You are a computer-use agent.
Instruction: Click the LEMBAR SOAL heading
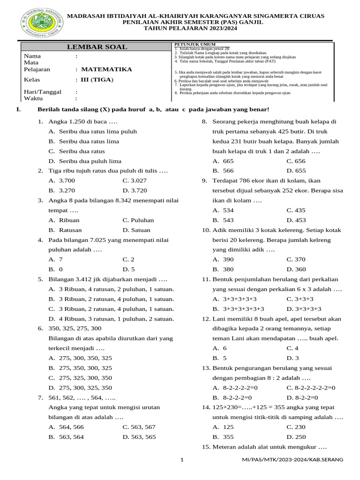pyautogui.click(x=97, y=47)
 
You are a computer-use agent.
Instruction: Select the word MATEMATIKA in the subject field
pyautogui.click(x=106, y=69)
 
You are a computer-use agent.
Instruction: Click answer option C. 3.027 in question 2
pyautogui.click(x=135, y=180)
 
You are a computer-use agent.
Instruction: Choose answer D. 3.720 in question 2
pyautogui.click(x=135, y=190)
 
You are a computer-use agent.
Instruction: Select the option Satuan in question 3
pyautogui.click(x=136, y=230)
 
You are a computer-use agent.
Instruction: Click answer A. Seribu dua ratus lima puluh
pyautogui.click(x=93, y=131)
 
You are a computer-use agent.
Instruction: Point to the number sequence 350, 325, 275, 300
pyautogui.click(x=75, y=328)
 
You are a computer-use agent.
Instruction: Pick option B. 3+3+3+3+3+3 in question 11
pyautogui.click(x=239, y=308)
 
